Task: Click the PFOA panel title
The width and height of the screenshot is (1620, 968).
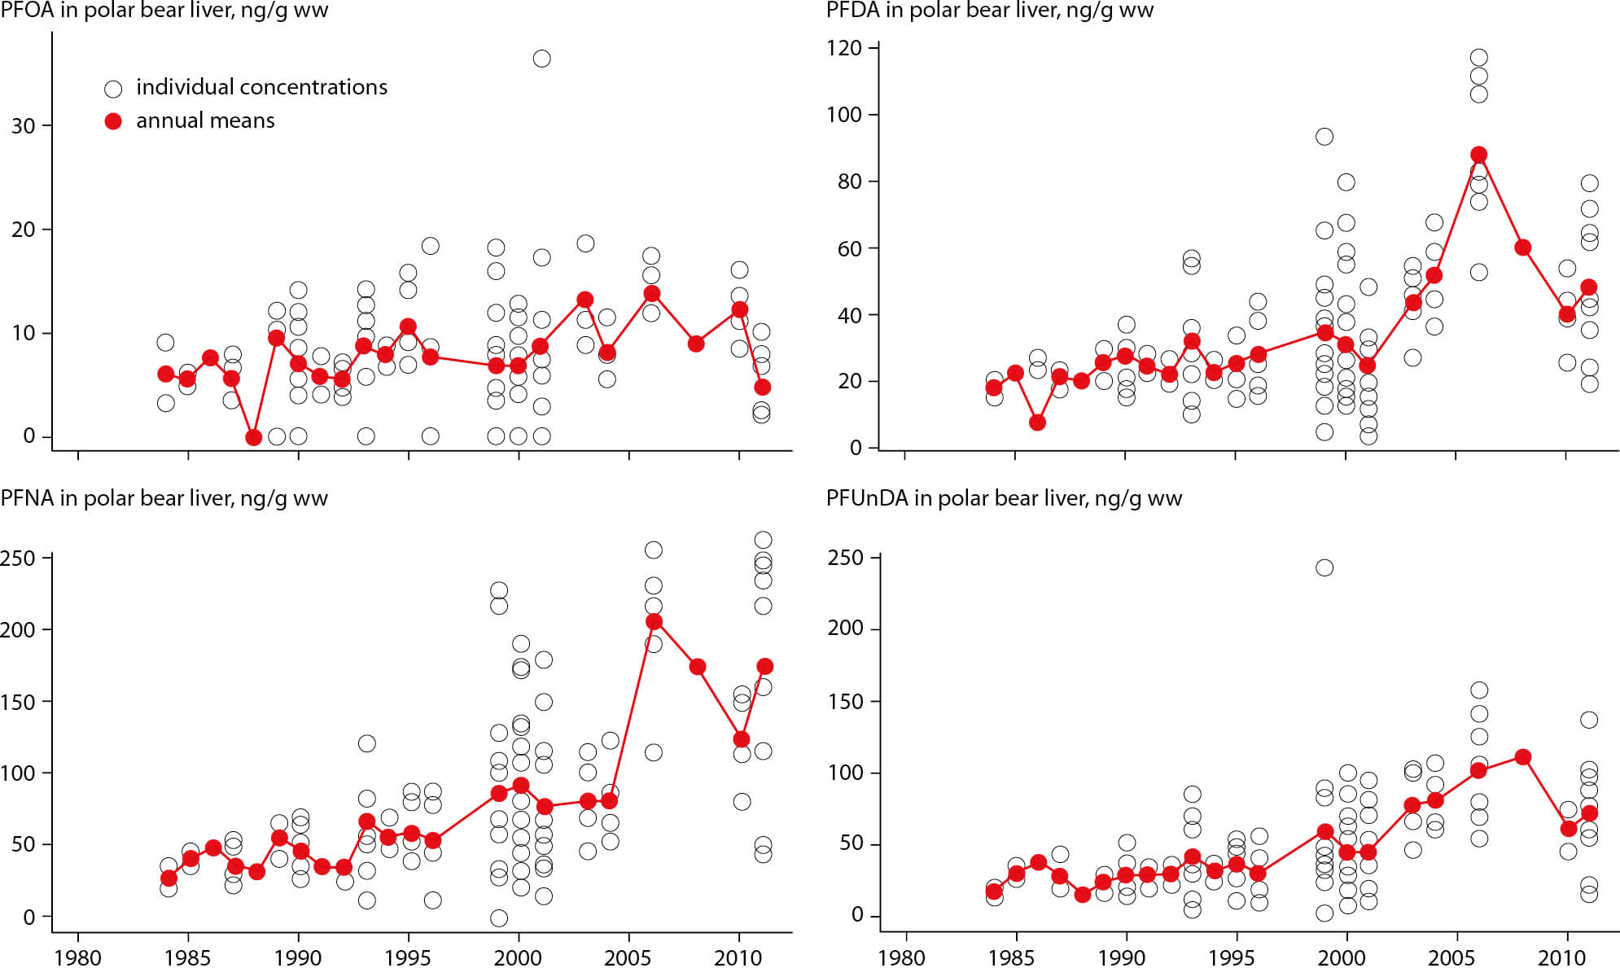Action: point(164,11)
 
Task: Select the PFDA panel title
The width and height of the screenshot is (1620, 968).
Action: point(990,11)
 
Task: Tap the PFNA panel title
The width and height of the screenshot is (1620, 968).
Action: point(164,498)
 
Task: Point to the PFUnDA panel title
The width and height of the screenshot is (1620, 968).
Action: point(1004,498)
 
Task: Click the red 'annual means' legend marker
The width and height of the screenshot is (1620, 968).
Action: point(113,121)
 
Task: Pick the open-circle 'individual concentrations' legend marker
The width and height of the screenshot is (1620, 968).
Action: point(113,89)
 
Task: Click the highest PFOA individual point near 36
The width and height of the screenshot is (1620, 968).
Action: point(541,59)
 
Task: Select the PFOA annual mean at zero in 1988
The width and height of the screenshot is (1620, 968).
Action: point(253,437)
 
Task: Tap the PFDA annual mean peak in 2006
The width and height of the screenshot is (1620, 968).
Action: point(1478,155)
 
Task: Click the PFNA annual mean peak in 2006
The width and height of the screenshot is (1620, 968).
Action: point(653,621)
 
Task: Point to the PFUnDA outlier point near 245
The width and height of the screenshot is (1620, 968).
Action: point(1324,567)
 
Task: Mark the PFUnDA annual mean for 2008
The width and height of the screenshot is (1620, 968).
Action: point(1523,757)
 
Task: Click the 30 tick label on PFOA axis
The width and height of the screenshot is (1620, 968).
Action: point(24,126)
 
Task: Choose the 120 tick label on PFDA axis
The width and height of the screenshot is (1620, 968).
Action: point(844,49)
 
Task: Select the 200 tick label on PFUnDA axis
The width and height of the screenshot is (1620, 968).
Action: point(845,629)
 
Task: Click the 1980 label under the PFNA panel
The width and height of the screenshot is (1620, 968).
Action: point(78,957)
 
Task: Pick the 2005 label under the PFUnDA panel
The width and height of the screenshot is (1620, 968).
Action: point(1453,957)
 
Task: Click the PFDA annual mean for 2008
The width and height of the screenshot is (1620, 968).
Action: point(1523,247)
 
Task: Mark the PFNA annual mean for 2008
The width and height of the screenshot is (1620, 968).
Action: point(698,667)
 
